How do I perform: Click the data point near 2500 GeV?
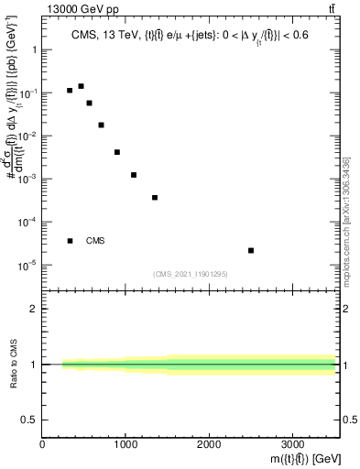251,250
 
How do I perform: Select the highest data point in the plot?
81,86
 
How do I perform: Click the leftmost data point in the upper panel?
70,91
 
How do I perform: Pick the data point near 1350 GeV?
155,198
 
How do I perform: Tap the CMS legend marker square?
70,241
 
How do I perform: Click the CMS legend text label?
95,241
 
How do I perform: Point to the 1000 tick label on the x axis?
125,444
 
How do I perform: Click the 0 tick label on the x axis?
43,444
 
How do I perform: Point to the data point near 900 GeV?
117,152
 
